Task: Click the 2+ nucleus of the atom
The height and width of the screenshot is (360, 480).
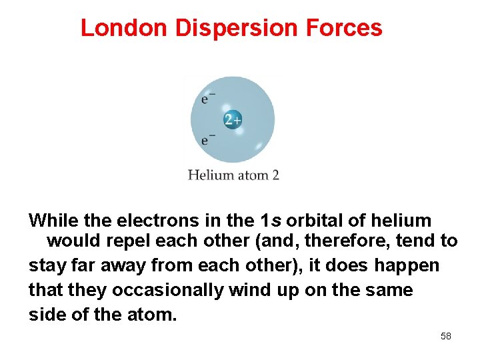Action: coord(232,120)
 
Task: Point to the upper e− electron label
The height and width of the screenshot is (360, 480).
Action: coord(208,99)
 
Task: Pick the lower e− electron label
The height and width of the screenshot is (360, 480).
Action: coord(208,140)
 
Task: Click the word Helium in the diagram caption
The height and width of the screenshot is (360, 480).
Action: coord(210,175)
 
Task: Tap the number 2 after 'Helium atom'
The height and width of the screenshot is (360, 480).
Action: coord(275,175)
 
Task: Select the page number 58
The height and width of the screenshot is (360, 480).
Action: coord(446,336)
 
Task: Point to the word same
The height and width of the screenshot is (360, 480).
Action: coord(387,291)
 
